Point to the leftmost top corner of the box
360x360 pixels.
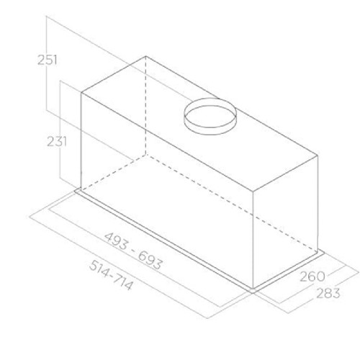[x=81, y=91]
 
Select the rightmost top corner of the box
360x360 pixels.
[x=317, y=153]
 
